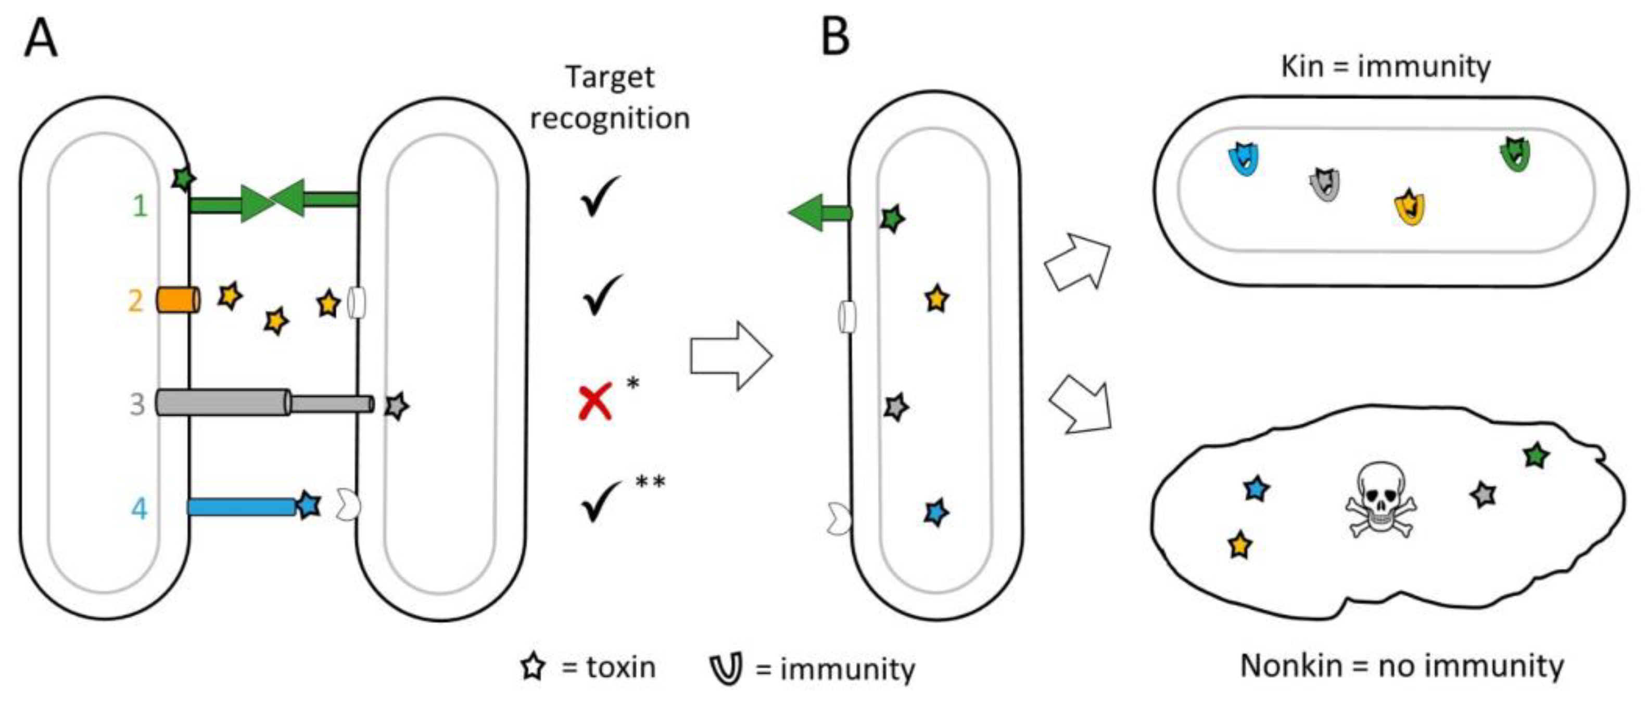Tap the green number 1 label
tap(140, 206)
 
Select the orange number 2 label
tap(135, 301)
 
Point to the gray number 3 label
tap(137, 405)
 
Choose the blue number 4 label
tap(139, 509)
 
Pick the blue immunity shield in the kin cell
tap(1244, 160)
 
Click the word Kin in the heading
tap(1302, 67)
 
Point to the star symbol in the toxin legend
tap(533, 667)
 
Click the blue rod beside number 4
tap(241, 507)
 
